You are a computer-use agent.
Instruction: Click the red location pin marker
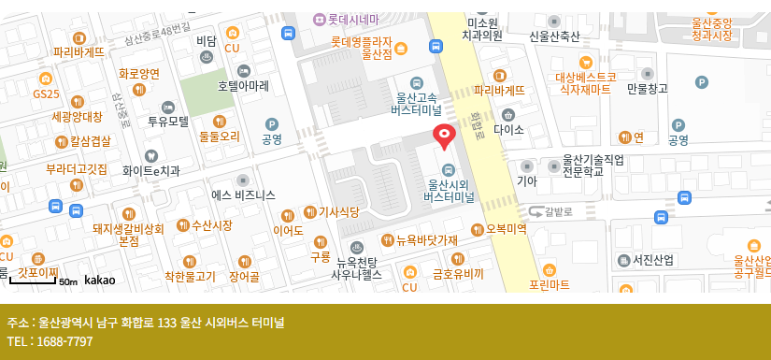pyautogui.click(x=445, y=137)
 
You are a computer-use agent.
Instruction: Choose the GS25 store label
pyautogui.click(x=46, y=94)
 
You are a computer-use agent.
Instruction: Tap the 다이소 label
pyautogui.click(x=508, y=129)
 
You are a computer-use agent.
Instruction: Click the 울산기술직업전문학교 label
pyautogui.click(x=593, y=166)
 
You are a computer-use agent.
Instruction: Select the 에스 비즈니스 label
pyautogui.click(x=243, y=195)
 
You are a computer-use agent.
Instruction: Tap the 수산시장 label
pyautogui.click(x=210, y=225)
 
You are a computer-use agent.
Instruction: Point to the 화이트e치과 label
pyautogui.click(x=150, y=171)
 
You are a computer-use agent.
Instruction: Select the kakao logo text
pyautogui.click(x=99, y=280)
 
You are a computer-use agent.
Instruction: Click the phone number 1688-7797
pyautogui.click(x=62, y=341)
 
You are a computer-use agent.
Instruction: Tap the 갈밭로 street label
pyautogui.click(x=557, y=211)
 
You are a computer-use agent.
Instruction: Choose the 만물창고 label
pyautogui.click(x=648, y=89)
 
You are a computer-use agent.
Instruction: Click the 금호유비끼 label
pyautogui.click(x=457, y=275)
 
